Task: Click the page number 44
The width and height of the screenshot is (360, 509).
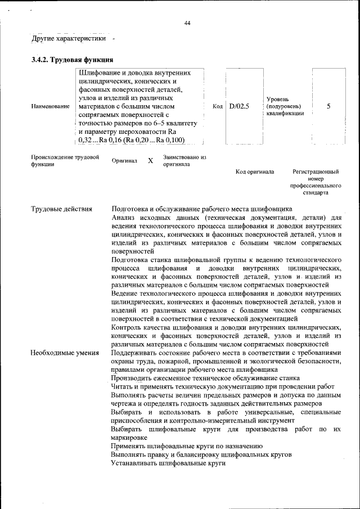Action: pyautogui.click(x=187, y=23)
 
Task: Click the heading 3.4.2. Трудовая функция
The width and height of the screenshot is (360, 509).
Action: pyautogui.click(x=73, y=59)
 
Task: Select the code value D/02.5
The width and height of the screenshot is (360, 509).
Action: pyautogui.click(x=239, y=106)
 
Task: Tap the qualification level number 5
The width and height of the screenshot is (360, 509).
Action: pyautogui.click(x=328, y=106)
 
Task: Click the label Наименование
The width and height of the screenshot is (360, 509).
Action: pyautogui.click(x=51, y=106)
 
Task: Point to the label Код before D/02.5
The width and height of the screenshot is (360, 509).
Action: pyautogui.click(x=218, y=106)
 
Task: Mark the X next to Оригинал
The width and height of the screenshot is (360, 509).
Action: pyautogui.click(x=150, y=161)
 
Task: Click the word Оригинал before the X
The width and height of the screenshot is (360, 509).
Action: pyautogui.click(x=124, y=161)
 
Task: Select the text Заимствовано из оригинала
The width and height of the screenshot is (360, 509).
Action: pyautogui.click(x=184, y=160)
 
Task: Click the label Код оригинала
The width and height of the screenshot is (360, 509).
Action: pyautogui.click(x=255, y=171)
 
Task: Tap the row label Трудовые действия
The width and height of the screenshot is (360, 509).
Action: pyautogui.click(x=61, y=210)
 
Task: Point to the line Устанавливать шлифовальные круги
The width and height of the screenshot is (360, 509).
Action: pyautogui.click(x=168, y=463)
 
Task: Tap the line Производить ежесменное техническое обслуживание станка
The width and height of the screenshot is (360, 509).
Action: pyautogui.click(x=205, y=379)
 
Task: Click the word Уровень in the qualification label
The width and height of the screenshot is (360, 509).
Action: pyautogui.click(x=278, y=98)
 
